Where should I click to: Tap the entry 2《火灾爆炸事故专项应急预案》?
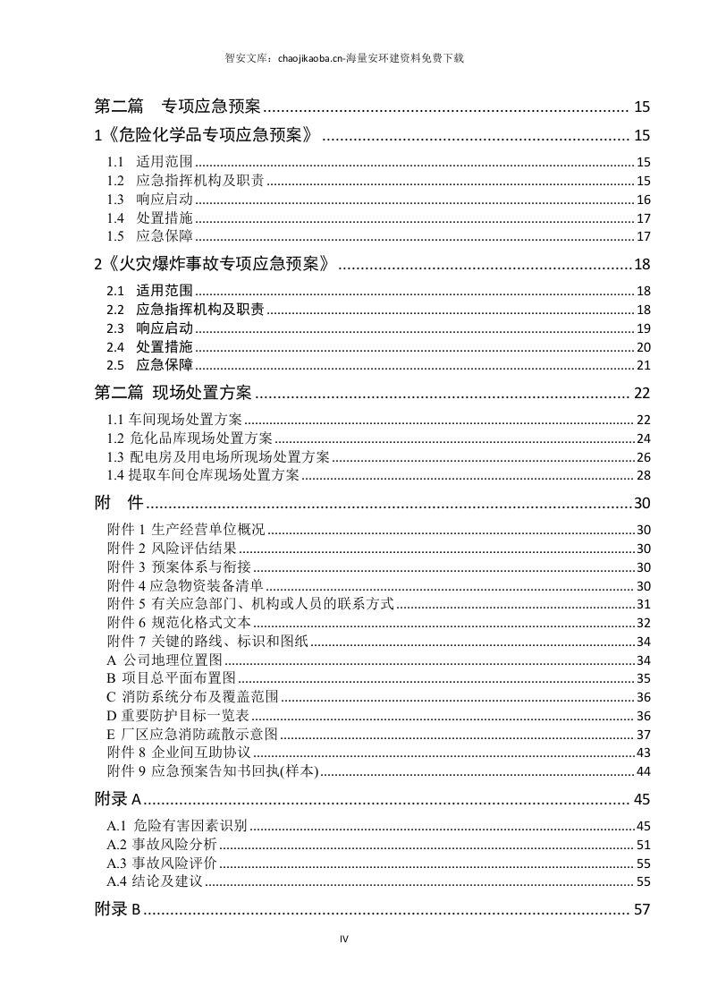217,264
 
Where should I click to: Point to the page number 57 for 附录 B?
640,910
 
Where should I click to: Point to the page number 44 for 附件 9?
643,771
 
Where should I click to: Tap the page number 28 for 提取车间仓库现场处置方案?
643,475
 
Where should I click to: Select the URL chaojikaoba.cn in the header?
305,58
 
